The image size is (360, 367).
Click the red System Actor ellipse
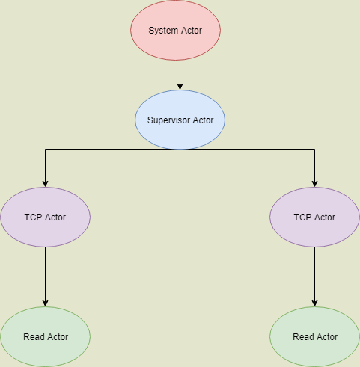[175, 30]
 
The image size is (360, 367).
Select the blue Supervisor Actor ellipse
[180, 120]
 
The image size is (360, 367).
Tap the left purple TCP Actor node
[45, 217]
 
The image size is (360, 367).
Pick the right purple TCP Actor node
[314, 217]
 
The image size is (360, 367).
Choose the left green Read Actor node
[45, 336]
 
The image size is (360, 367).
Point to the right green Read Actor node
[314, 336]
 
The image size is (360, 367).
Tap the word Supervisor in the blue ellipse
[169, 120]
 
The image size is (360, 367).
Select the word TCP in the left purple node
[33, 218]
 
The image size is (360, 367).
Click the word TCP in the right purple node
[302, 218]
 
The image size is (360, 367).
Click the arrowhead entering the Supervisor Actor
[180, 87]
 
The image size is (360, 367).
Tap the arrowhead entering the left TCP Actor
[45, 184]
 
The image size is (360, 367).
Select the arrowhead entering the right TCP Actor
[314, 184]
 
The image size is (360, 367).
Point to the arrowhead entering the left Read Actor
[45, 303]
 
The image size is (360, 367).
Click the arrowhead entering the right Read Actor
[314, 303]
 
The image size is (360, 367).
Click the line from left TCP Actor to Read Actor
[45, 277]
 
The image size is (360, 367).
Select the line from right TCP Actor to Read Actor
[314, 277]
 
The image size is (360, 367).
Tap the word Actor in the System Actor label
[192, 31]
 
